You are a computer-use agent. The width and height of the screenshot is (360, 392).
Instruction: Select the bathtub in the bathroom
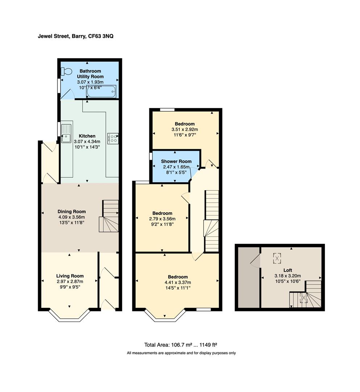tap(101, 92)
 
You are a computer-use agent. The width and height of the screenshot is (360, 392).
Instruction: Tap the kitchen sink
tap(66, 133)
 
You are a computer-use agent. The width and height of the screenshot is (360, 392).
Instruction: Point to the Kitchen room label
tap(87, 136)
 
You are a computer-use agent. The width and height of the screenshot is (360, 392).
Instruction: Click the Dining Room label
tap(71, 212)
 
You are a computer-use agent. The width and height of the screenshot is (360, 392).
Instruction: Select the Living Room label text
tap(70, 276)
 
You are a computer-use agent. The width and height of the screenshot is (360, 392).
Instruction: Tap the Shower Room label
tap(176, 161)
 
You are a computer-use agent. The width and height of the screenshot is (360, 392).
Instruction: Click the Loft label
tap(287, 270)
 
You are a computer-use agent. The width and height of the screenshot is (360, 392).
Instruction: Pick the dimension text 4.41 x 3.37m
tap(178, 282)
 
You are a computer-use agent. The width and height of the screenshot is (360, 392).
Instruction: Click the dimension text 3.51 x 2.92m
tap(185, 129)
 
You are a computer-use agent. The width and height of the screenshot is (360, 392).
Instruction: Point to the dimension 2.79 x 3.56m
tap(162, 219)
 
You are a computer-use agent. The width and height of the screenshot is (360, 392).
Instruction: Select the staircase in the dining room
tap(109, 216)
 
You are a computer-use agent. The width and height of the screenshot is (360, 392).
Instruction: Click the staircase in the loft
tap(306, 294)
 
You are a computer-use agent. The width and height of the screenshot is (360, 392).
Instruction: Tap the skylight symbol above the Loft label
tap(277, 258)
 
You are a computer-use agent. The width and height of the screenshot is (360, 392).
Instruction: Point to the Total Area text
tap(180, 345)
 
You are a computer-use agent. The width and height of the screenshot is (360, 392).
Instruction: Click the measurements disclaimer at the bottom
tap(181, 353)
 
